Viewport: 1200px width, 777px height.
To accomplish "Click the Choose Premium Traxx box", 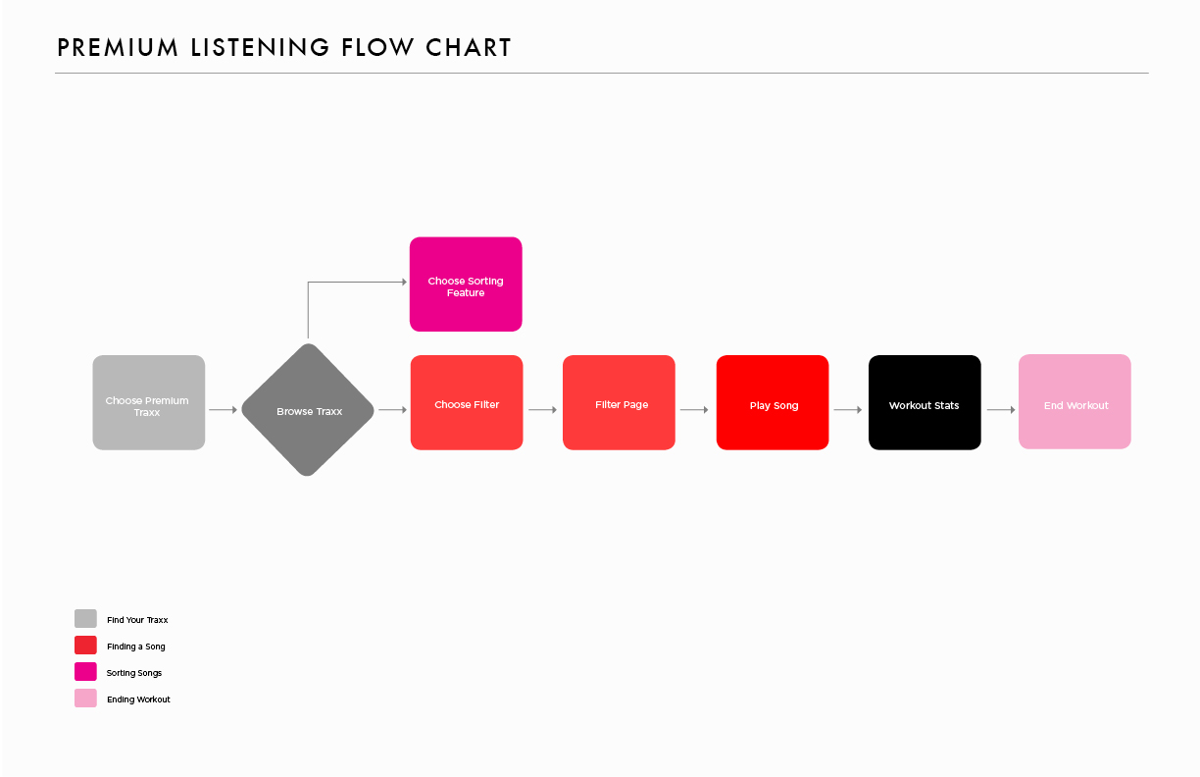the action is (148, 402).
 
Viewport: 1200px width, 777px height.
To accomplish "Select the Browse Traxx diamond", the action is (308, 410).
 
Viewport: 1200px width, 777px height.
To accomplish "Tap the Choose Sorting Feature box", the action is (466, 285).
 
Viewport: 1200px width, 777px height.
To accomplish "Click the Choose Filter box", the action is (467, 402).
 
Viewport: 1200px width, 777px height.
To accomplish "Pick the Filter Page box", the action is (619, 402).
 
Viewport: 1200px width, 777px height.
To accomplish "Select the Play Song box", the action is (773, 402).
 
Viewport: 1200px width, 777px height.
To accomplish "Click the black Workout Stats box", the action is (925, 402).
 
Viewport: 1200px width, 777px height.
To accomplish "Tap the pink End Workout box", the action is (1075, 401).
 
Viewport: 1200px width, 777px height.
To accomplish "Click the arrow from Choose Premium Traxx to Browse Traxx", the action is (223, 410).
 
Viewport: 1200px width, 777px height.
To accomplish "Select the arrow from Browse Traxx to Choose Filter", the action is (393, 410).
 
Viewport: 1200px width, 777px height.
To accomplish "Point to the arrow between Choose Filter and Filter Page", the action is (543, 410).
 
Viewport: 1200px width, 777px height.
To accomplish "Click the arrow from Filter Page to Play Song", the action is (694, 410).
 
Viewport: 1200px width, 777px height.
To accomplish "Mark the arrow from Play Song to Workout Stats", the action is (848, 410).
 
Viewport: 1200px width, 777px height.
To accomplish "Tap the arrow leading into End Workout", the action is (1001, 410).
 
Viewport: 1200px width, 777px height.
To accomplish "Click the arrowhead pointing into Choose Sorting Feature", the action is (405, 282).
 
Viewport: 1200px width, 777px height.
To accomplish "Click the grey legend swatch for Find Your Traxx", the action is (85, 618).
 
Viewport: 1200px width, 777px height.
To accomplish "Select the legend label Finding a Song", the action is (136, 647).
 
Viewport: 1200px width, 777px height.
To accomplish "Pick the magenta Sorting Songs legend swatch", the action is (85, 671).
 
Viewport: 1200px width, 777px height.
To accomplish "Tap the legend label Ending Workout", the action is (138, 699).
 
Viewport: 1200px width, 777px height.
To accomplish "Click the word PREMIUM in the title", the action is (118, 47).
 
